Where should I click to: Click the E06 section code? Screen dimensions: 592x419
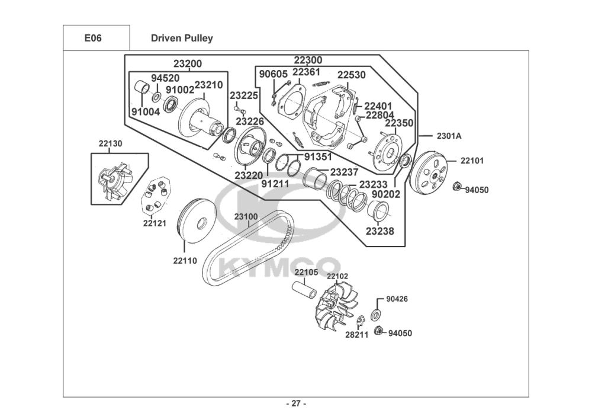click(x=93, y=38)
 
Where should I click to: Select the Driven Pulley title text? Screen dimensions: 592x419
click(x=182, y=38)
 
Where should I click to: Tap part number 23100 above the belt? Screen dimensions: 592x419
click(x=246, y=217)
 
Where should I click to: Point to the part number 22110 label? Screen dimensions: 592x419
click(x=185, y=261)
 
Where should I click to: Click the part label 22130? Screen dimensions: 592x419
click(x=111, y=143)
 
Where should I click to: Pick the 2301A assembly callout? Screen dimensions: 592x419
click(x=449, y=136)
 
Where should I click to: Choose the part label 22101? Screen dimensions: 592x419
click(x=472, y=161)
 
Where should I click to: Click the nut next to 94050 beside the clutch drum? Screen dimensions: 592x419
click(x=456, y=186)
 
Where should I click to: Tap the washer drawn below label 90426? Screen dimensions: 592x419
click(x=376, y=314)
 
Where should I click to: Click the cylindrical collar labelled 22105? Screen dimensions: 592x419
click(x=305, y=290)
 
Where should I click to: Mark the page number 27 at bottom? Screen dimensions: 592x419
click(x=296, y=404)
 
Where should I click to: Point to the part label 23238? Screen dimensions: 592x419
click(x=380, y=231)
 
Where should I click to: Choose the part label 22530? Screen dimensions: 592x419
click(x=352, y=75)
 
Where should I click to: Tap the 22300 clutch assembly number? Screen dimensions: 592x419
click(x=308, y=60)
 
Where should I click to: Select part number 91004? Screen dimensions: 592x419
click(x=146, y=112)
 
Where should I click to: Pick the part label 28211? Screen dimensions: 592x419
click(x=357, y=335)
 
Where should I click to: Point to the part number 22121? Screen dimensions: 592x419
click(x=155, y=223)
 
